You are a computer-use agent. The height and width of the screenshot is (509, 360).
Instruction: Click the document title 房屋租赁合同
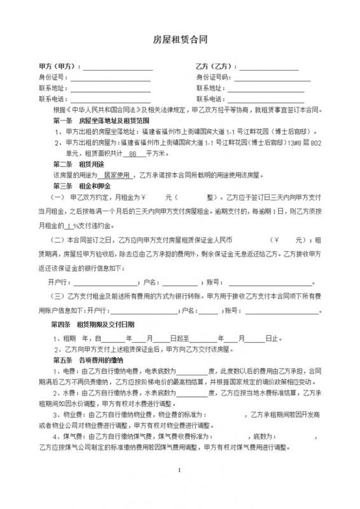pyautogui.click(x=180, y=39)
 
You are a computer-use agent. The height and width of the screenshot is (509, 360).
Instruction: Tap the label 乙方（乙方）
pyautogui.click(x=215, y=66)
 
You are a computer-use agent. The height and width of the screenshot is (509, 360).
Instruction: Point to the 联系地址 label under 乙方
pyautogui.click(x=210, y=88)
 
